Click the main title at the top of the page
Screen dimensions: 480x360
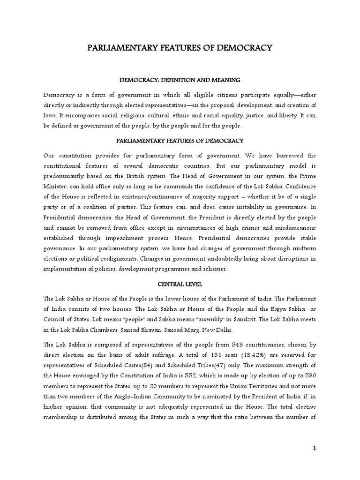click(180, 48)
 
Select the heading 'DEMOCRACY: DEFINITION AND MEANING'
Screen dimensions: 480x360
click(180, 80)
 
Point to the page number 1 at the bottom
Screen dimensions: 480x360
click(315, 449)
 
